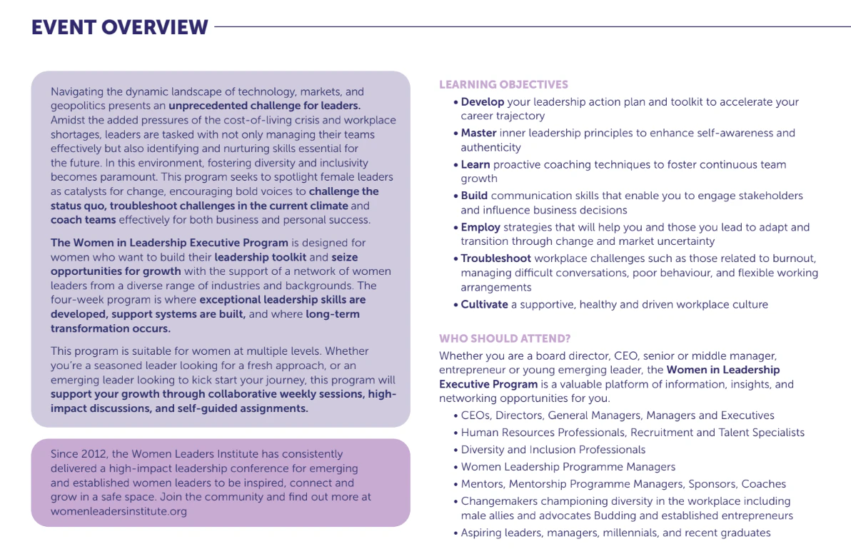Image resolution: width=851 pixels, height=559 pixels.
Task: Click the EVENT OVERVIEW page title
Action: [120, 27]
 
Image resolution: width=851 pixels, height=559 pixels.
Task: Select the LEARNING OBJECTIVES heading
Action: [503, 85]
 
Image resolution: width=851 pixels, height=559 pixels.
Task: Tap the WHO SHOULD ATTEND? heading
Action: [505, 338]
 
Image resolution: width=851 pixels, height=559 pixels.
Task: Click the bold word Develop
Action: [483, 102]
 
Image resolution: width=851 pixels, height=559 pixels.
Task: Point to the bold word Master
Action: [478, 134]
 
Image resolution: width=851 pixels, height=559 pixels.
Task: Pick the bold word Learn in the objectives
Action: [475, 165]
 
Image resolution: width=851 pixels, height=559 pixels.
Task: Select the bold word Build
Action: [475, 196]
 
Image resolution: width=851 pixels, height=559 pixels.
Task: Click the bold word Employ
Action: [480, 228]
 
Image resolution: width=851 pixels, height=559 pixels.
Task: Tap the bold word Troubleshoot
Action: [496, 258]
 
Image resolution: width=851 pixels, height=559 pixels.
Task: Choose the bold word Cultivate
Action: [485, 305]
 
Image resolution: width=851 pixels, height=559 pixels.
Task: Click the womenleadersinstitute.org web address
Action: [119, 511]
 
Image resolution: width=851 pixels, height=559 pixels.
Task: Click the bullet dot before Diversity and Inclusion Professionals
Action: [455, 450]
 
